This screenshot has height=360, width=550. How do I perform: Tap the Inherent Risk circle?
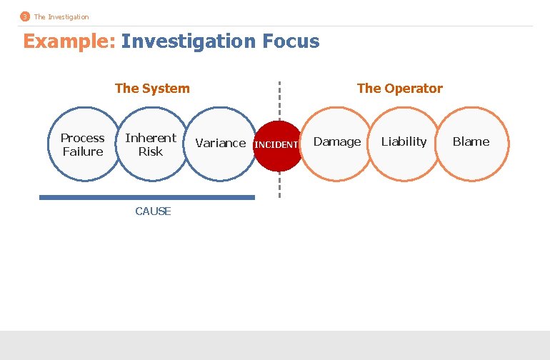click(x=150, y=144)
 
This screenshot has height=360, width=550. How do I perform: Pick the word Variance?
click(x=220, y=143)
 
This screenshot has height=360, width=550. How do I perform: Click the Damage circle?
click(x=337, y=143)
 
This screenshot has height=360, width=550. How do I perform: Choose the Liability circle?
click(x=404, y=143)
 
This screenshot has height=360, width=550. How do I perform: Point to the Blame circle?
click(x=471, y=143)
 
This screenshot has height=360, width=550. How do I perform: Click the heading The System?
click(x=152, y=89)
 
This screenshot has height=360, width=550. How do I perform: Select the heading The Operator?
click(x=399, y=89)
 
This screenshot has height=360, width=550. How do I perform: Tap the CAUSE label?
click(x=153, y=211)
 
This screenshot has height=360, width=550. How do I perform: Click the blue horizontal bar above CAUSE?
click(x=146, y=197)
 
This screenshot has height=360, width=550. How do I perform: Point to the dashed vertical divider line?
click(x=279, y=100)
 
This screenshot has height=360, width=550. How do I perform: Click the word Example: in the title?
click(x=69, y=41)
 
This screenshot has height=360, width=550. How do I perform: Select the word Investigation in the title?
click(x=188, y=41)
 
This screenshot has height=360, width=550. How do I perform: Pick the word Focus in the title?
click(x=291, y=41)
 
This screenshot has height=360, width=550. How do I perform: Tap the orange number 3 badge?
click(x=25, y=16)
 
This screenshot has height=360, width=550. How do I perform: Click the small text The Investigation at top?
click(x=61, y=16)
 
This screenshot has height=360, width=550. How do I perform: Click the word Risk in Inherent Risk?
click(x=151, y=151)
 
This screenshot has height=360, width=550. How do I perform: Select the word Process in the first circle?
click(x=82, y=138)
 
